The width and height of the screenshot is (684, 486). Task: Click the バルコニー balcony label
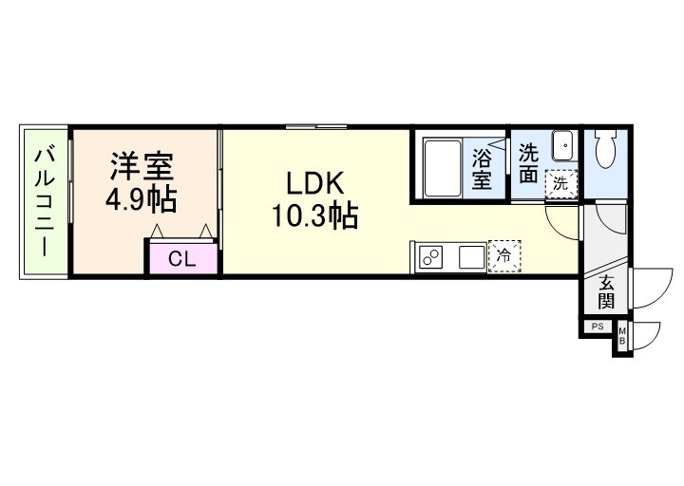click(x=44, y=201)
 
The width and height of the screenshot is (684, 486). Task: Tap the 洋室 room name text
click(x=142, y=166)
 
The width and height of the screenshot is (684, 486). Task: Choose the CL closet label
click(x=181, y=259)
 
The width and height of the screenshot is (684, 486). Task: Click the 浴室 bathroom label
click(x=483, y=169)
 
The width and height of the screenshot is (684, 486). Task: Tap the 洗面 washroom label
click(x=530, y=161)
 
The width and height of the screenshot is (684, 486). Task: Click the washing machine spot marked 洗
click(x=561, y=183)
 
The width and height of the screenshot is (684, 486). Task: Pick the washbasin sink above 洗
click(x=562, y=147)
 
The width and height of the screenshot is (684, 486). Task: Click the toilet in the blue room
click(x=605, y=149)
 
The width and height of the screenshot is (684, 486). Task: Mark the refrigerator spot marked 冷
click(x=504, y=256)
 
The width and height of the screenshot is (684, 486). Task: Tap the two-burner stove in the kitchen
click(x=431, y=257)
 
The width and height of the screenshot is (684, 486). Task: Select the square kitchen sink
click(x=472, y=257)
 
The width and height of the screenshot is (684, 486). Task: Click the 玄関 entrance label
click(x=605, y=292)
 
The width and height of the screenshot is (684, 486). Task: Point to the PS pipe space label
click(x=598, y=327)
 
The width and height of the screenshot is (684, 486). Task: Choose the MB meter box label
click(x=622, y=337)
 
